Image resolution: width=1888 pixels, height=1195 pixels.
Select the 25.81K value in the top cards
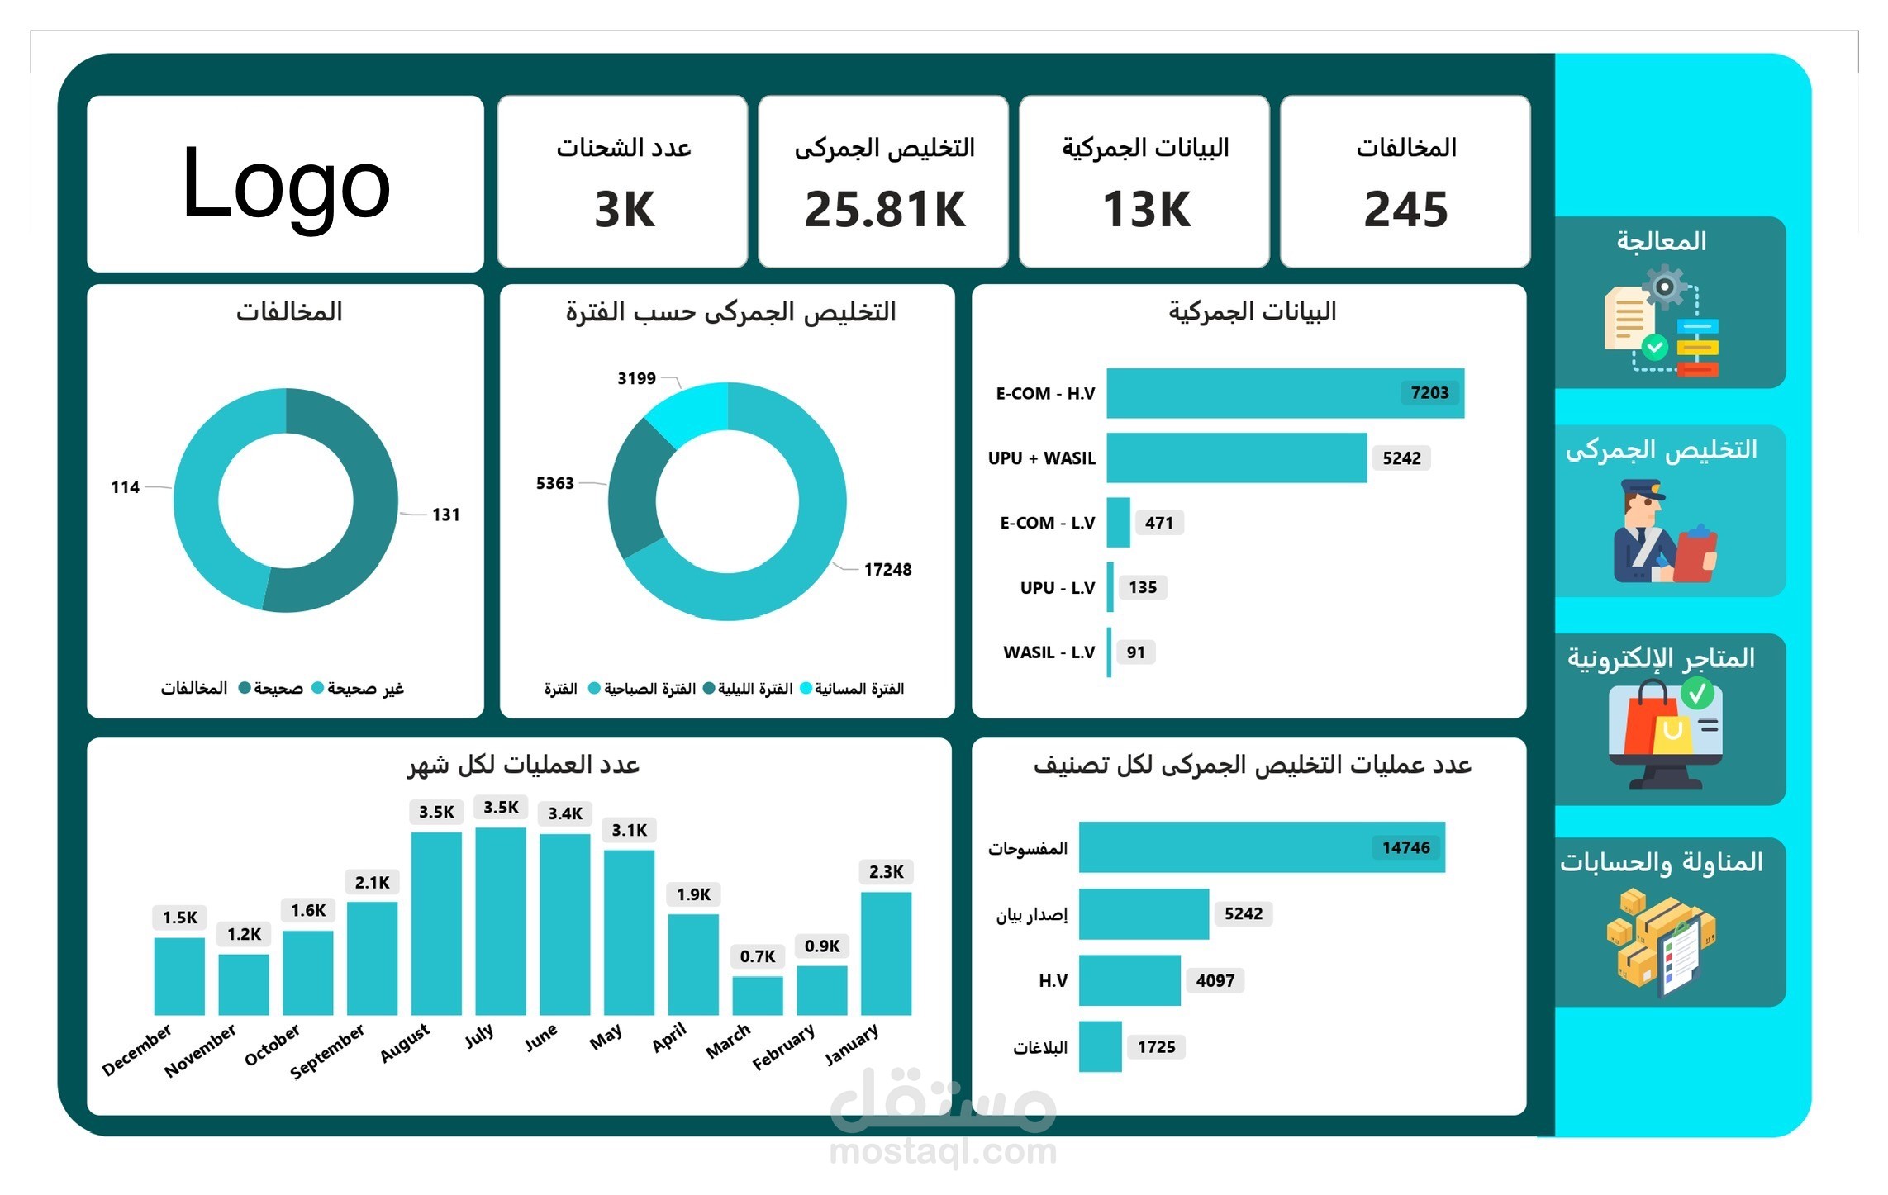point(884,209)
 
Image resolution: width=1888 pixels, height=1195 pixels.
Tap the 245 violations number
point(1405,209)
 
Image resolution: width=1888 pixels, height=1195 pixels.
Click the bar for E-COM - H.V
point(1285,393)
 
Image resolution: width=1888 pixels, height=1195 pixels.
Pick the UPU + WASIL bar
point(1236,458)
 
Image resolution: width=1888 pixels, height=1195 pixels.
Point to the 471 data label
point(1158,523)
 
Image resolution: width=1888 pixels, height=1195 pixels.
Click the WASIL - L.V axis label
point(1049,652)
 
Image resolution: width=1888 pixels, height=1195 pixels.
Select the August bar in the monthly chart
point(436,922)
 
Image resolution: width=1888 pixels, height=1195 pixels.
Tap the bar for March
point(757,995)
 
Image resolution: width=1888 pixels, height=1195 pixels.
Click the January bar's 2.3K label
point(886,872)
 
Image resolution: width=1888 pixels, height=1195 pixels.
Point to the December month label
point(137,1050)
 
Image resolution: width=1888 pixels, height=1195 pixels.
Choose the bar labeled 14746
point(1261,847)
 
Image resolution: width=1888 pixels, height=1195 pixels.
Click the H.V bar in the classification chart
point(1129,980)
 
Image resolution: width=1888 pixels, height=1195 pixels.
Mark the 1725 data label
point(1156,1047)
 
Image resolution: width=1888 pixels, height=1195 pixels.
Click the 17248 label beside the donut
point(887,570)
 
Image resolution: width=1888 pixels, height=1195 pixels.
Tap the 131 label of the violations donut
point(445,515)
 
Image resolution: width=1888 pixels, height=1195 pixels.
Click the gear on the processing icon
point(1664,287)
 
